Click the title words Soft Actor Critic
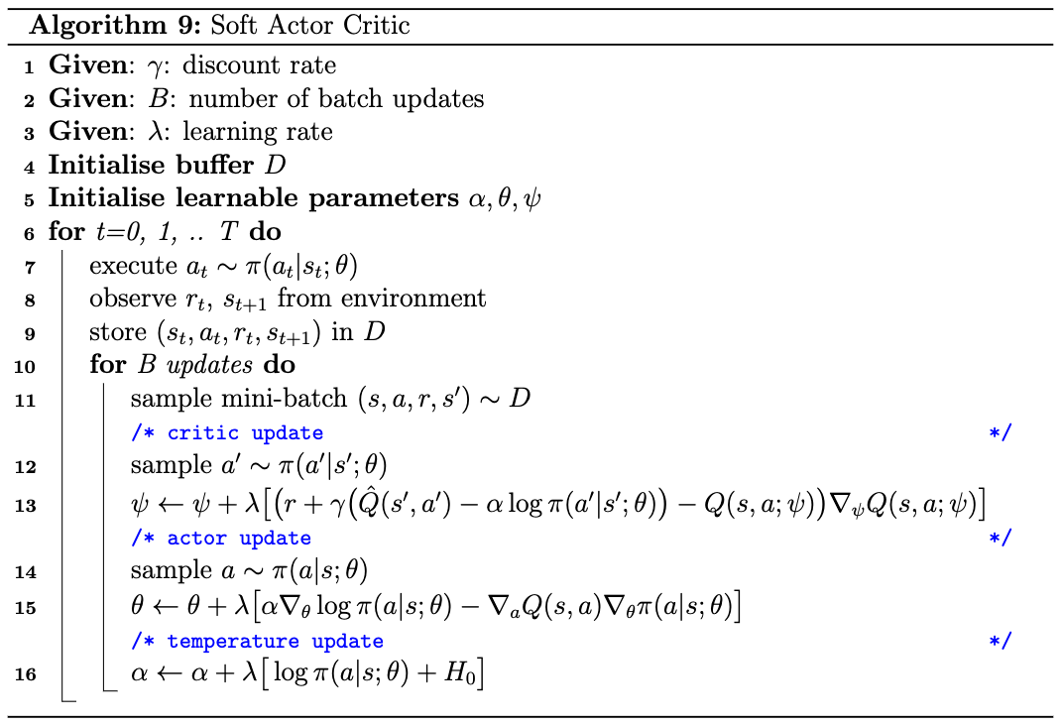310,26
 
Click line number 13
25,505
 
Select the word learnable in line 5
237,197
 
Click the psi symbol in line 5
532,199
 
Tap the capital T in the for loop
230,232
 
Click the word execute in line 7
133,266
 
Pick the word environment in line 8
413,298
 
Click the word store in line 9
118,332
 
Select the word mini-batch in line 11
285,399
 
